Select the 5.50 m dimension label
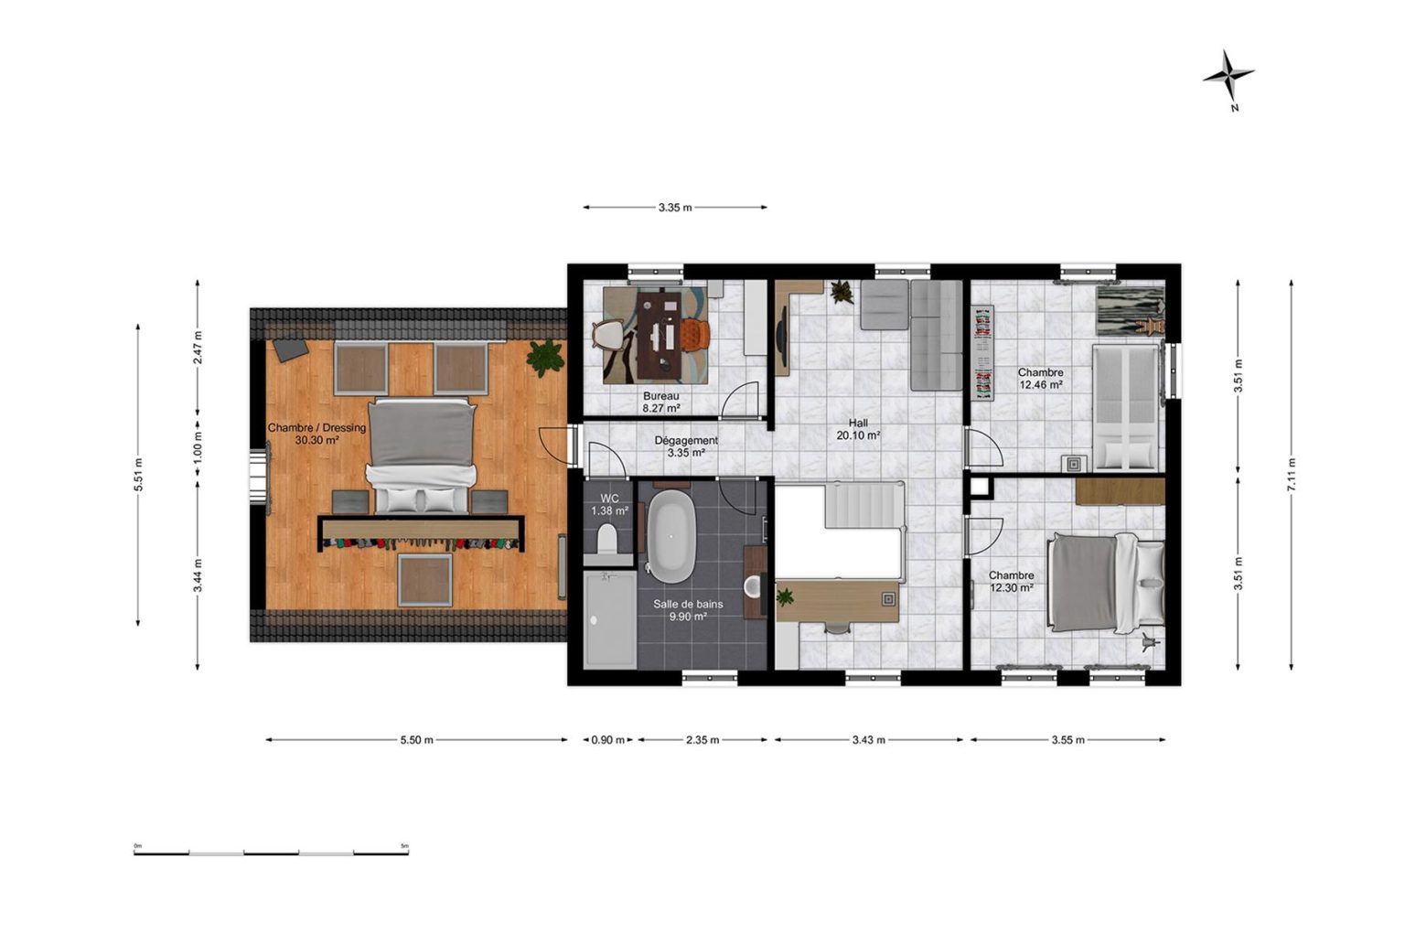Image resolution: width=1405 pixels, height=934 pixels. click(x=416, y=739)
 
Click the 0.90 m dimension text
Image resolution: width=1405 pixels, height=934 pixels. click(x=607, y=739)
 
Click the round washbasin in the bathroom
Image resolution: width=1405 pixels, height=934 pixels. click(x=753, y=586)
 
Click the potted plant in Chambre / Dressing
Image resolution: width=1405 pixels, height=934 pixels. click(x=544, y=358)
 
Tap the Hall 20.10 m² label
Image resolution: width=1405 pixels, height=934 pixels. click(x=857, y=429)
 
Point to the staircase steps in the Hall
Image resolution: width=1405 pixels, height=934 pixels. click(x=864, y=505)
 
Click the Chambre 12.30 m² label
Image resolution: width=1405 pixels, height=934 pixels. click(x=1011, y=582)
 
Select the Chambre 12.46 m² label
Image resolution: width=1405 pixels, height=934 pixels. click(x=1041, y=378)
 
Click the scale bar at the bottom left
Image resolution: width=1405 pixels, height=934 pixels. click(x=271, y=853)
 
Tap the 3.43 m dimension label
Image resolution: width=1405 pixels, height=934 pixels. click(x=869, y=739)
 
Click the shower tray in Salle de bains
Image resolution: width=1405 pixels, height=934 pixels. click(x=610, y=619)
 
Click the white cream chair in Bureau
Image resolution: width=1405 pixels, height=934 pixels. click(x=608, y=336)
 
